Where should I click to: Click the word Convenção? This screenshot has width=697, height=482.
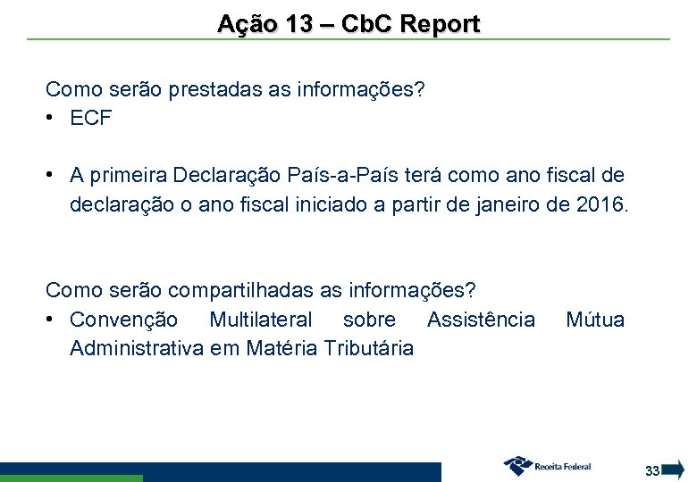click(x=123, y=320)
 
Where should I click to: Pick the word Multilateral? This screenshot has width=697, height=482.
click(x=261, y=320)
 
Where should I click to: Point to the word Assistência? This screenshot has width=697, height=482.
click(x=481, y=320)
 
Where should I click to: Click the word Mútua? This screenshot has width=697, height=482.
click(x=595, y=320)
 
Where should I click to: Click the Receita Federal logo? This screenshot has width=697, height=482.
click(x=547, y=466)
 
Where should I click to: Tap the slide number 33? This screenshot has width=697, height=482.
click(x=652, y=470)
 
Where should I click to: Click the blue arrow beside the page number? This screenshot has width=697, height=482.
click(x=675, y=470)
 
